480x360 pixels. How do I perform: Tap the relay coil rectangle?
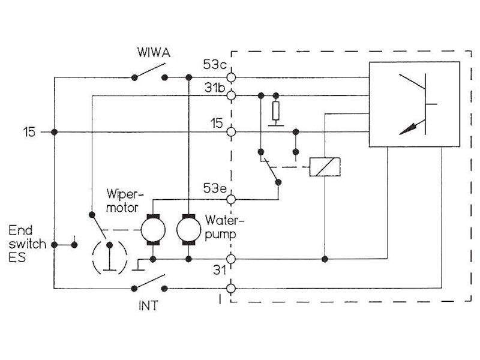point(324,167)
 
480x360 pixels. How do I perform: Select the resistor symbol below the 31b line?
point(275,112)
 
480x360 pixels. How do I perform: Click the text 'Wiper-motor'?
point(123,201)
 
